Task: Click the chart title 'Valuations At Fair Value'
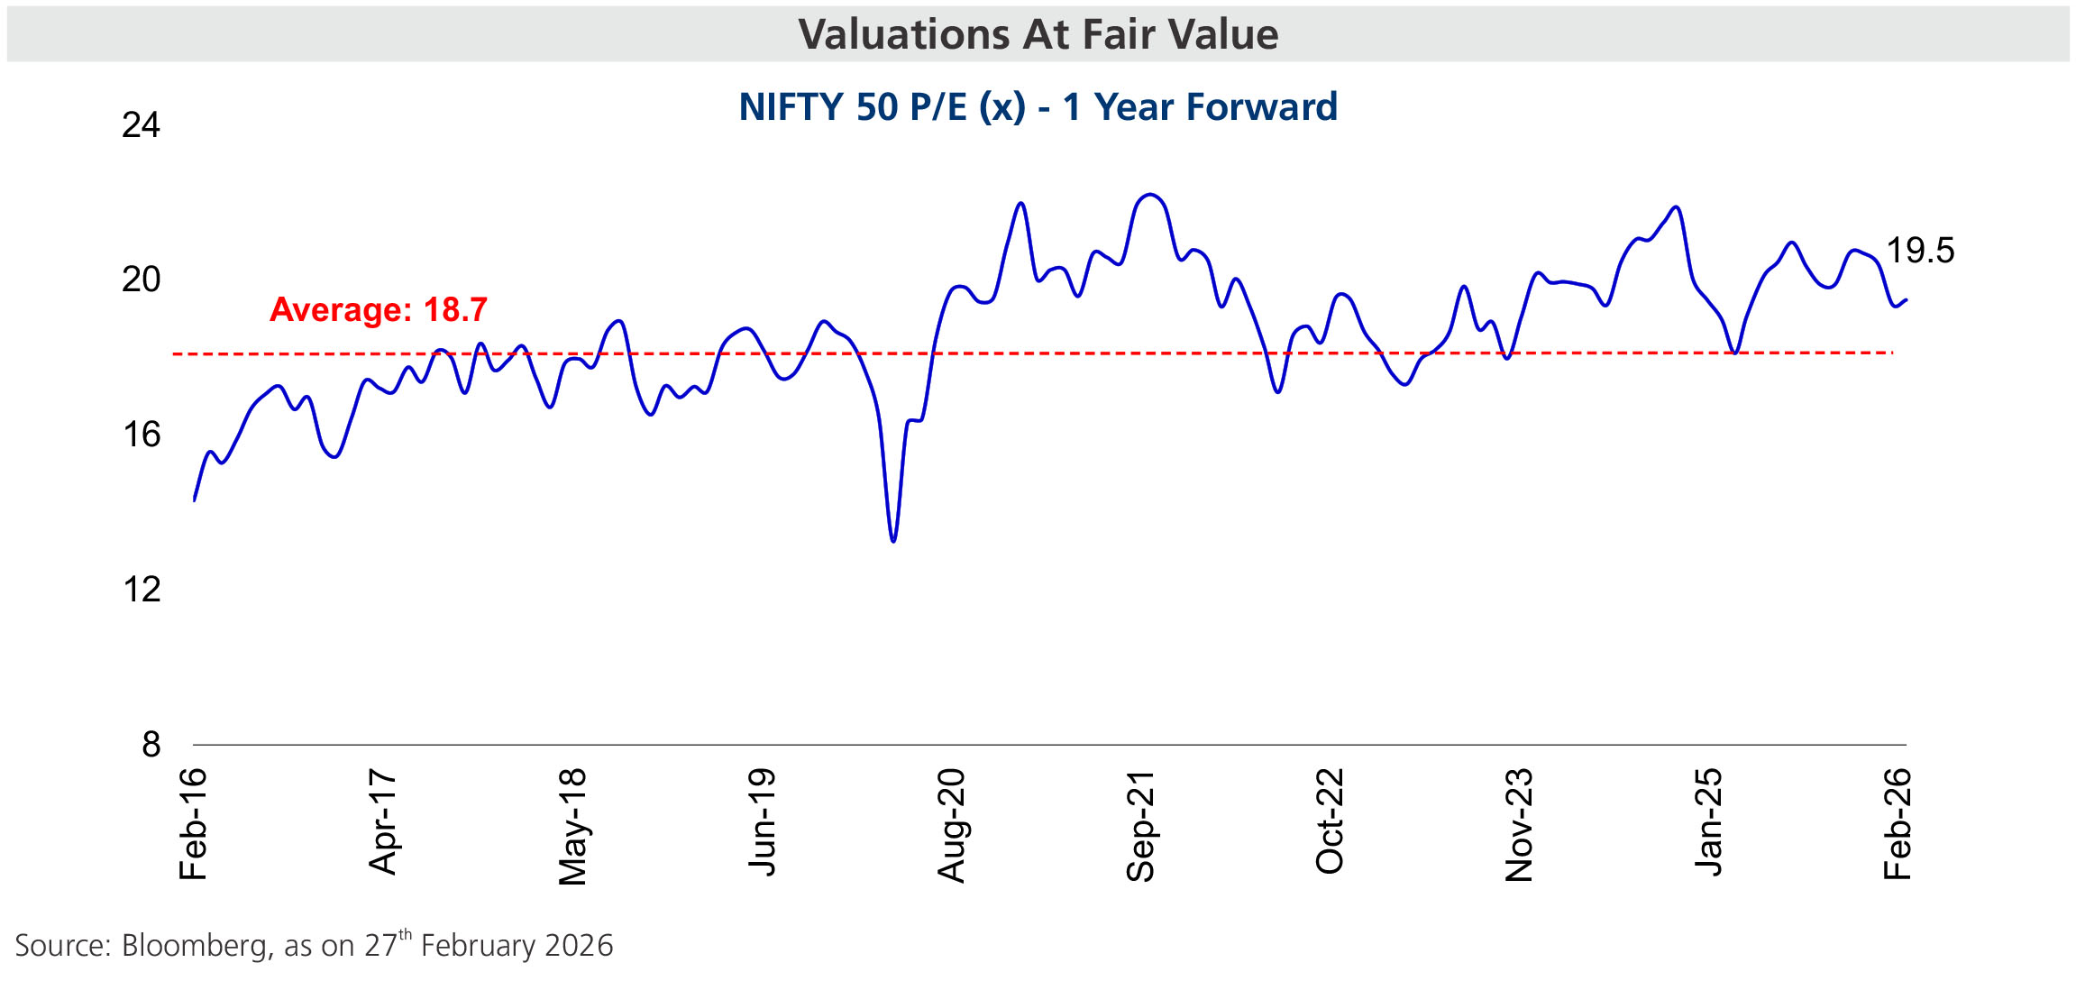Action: coord(1038,34)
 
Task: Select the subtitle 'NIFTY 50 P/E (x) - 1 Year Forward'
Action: coord(1038,106)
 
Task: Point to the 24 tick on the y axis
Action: coord(141,125)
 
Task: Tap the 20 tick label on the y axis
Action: coord(141,280)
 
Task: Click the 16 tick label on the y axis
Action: coord(141,435)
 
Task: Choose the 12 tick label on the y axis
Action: coord(141,591)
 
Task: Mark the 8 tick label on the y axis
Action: coord(151,746)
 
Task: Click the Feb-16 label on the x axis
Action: coord(194,824)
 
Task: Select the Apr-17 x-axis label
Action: coord(383,821)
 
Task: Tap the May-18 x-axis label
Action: coord(572,826)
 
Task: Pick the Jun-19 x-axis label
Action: coord(762,821)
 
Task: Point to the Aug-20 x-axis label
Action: coord(951,825)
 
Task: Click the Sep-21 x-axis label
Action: coord(1140,826)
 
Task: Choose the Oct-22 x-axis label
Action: coord(1330,821)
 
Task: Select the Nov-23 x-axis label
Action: coord(1519,825)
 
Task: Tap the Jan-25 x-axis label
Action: coord(1708,821)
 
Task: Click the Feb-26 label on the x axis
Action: coord(1898,824)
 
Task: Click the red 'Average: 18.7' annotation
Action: coord(379,310)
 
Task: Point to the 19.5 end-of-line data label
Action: coord(1920,251)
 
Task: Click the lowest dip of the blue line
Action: coord(892,541)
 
